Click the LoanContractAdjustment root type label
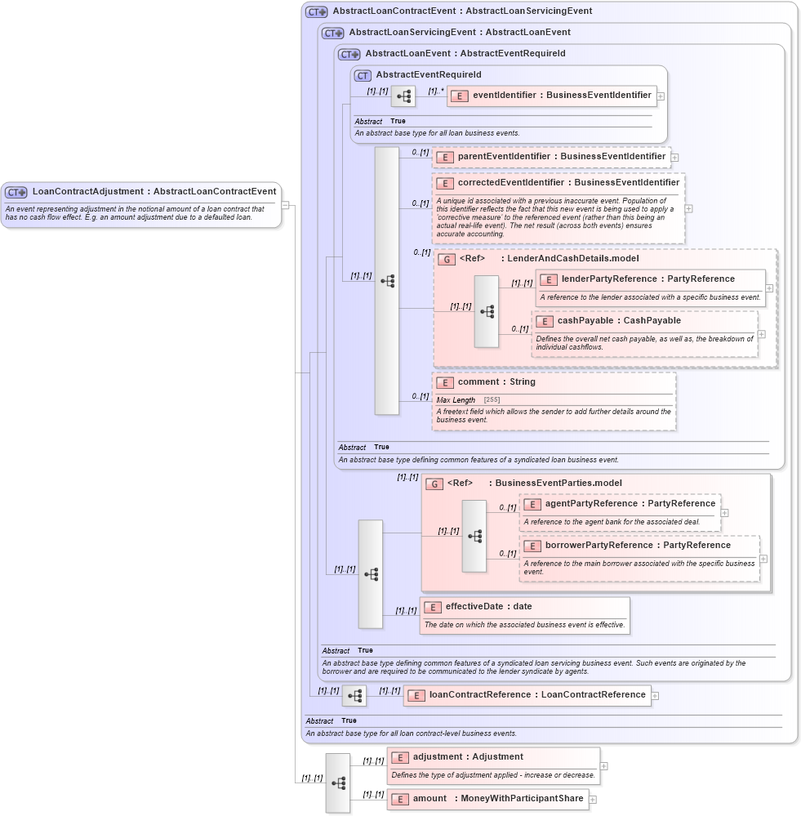point(154,192)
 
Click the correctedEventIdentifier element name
point(568,183)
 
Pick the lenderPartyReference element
point(648,279)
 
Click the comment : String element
point(496,382)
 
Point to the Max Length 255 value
point(492,399)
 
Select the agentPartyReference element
point(630,504)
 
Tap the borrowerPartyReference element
point(638,546)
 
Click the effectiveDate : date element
point(488,607)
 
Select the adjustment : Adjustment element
point(468,757)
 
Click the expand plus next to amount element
point(593,800)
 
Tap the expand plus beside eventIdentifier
point(661,96)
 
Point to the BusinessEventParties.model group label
point(558,484)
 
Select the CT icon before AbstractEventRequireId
point(363,75)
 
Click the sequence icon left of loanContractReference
point(354,696)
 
